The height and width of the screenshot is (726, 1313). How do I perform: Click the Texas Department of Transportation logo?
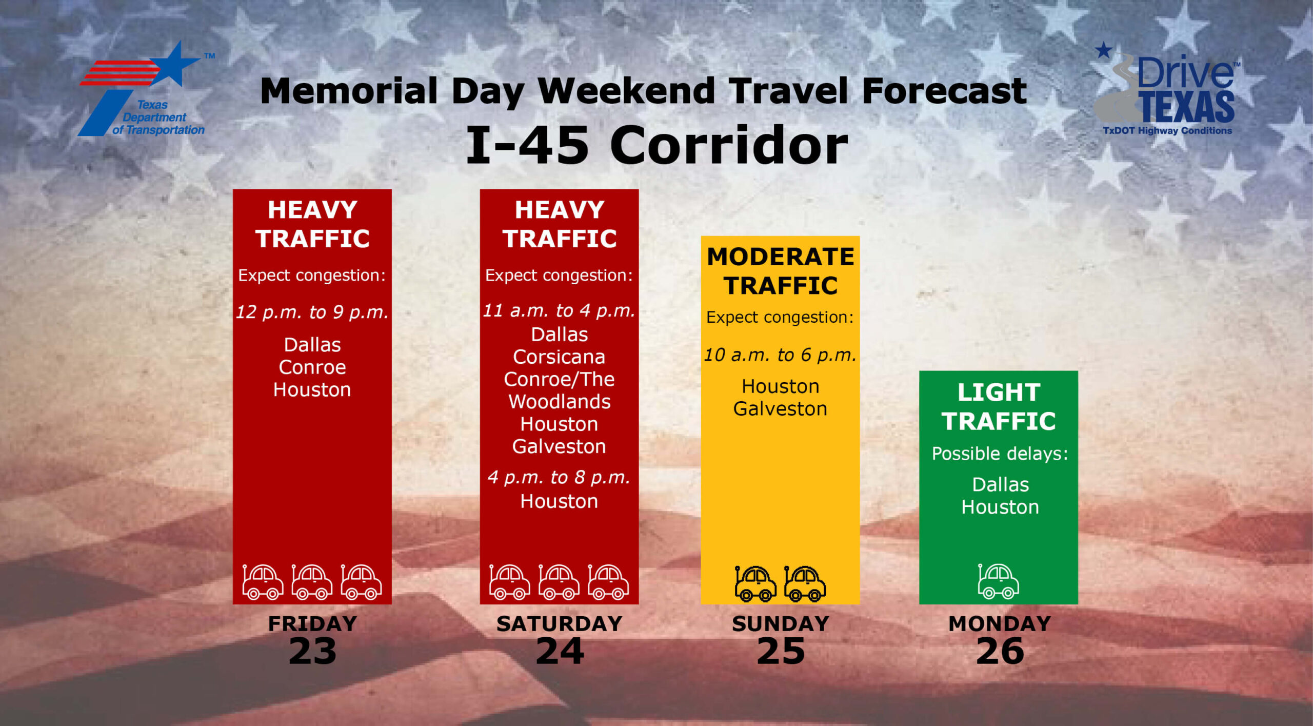click(x=146, y=90)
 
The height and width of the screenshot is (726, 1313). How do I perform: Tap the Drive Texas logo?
click(x=1167, y=90)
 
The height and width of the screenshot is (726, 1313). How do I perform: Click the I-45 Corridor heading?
click(x=656, y=145)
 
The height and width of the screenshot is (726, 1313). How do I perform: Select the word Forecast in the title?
click(x=944, y=91)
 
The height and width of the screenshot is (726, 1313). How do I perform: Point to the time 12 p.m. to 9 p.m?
click(x=312, y=312)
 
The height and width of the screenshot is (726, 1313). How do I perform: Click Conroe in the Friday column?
click(x=312, y=367)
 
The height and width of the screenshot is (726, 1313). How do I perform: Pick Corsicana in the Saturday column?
click(x=559, y=357)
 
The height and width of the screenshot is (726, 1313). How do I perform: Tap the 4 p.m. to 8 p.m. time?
click(x=559, y=478)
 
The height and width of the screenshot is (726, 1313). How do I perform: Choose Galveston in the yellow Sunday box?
click(x=780, y=409)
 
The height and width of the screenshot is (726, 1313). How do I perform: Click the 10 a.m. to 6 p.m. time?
click(x=780, y=355)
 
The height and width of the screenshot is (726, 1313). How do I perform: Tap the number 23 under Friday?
click(x=312, y=652)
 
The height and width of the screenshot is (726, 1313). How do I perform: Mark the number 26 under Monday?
click(x=1000, y=652)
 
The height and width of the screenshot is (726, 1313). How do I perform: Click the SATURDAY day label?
click(x=559, y=624)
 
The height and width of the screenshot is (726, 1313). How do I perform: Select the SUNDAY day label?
click(x=780, y=624)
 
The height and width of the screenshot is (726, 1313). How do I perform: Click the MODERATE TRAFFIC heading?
click(x=780, y=271)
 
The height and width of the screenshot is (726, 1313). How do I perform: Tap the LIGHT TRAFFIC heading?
click(x=999, y=407)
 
